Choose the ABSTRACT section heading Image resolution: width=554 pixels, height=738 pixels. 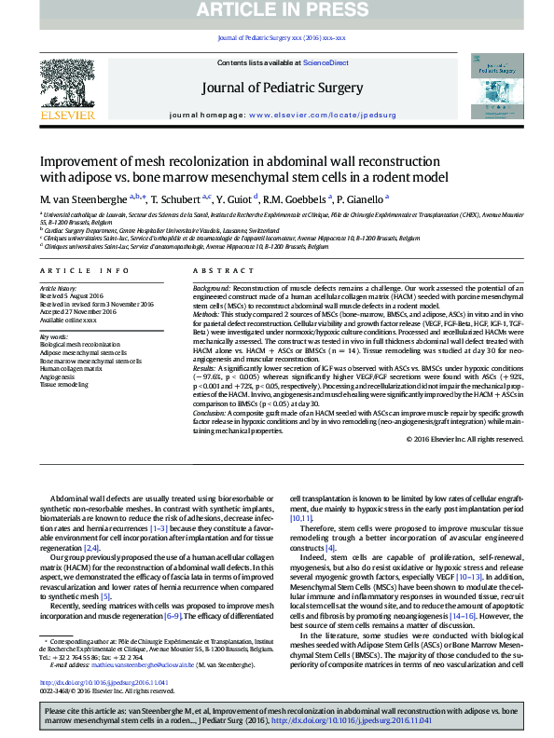point(211,270)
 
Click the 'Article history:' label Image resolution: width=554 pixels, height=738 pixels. point(59,289)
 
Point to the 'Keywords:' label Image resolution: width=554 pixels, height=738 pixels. point(53,336)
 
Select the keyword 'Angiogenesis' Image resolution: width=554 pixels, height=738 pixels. point(58,376)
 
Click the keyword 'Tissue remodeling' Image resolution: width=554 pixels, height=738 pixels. point(64,384)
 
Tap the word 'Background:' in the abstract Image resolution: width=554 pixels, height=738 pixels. point(211,289)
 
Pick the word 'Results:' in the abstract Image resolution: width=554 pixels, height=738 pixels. point(205,369)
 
